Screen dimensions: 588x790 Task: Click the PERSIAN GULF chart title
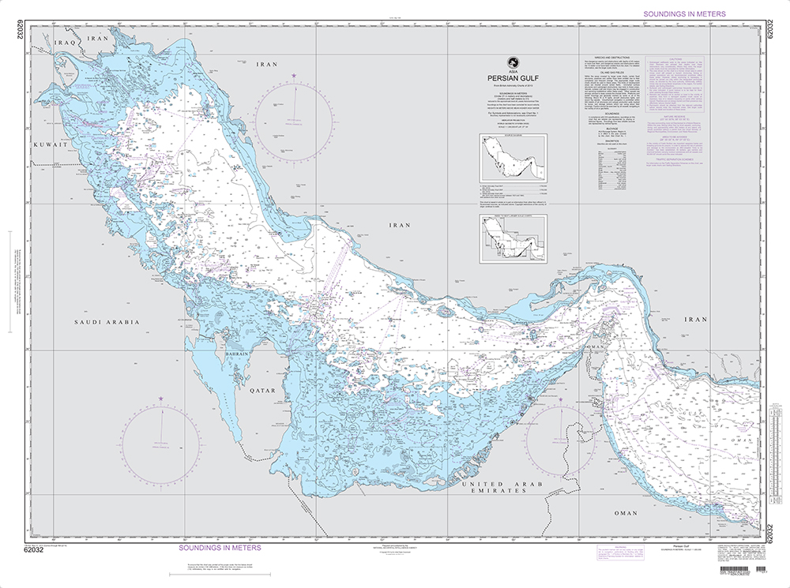click(511, 77)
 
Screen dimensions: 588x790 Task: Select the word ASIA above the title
click(511, 71)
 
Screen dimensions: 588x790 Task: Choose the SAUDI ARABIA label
click(107, 322)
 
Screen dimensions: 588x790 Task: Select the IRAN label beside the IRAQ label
click(98, 37)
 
